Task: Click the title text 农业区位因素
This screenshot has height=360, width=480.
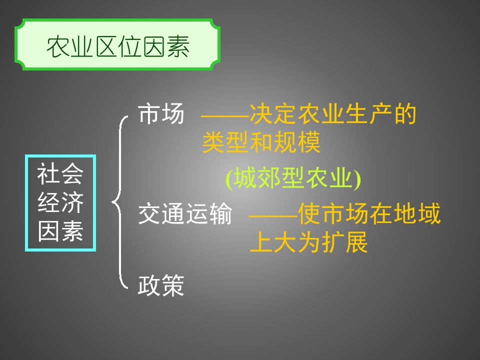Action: point(118,47)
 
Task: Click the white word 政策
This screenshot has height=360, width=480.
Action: point(161,286)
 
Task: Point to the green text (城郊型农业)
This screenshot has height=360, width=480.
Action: point(293,179)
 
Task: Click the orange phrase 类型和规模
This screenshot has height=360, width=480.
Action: point(261,143)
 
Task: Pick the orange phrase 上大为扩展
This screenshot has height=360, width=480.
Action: point(309,243)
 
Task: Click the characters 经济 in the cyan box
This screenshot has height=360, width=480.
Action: point(60,203)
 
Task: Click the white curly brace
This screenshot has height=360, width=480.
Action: point(119,202)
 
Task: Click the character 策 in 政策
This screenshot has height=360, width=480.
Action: point(173,286)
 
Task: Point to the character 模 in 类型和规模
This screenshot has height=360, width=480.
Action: point(309,143)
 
